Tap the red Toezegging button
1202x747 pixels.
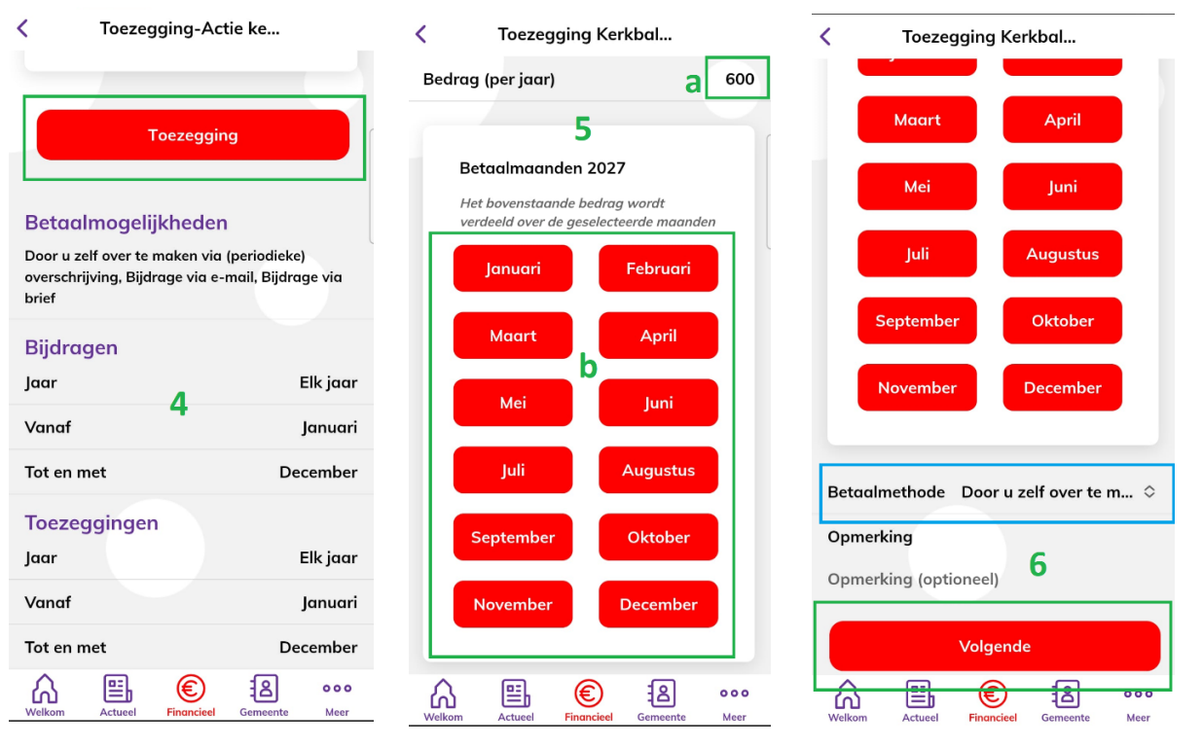(x=193, y=135)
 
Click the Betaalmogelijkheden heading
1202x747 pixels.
(x=127, y=223)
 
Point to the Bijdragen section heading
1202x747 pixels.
(x=71, y=347)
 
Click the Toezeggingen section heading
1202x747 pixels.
(x=91, y=522)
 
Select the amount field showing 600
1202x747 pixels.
(x=739, y=79)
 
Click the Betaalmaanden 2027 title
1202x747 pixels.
(x=542, y=168)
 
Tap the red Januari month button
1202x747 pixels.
(x=513, y=268)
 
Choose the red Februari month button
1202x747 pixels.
(x=658, y=268)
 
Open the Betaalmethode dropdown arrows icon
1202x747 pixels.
(x=1149, y=492)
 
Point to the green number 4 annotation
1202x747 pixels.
(x=178, y=404)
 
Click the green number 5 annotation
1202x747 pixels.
(x=582, y=128)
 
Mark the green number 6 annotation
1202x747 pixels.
(x=1038, y=564)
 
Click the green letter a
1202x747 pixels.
(x=693, y=83)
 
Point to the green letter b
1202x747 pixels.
(x=588, y=366)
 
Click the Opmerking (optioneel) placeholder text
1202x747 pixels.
(x=913, y=580)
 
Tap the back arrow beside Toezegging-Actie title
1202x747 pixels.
(x=22, y=28)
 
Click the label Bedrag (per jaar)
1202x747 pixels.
(x=489, y=79)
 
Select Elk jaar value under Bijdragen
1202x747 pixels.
(x=328, y=382)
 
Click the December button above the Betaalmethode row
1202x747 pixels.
(x=1062, y=387)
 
